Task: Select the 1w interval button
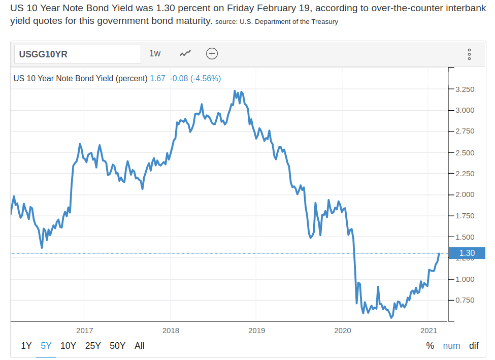click(x=155, y=53)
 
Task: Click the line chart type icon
click(x=185, y=53)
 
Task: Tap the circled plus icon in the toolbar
click(x=212, y=53)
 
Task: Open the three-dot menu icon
click(x=469, y=54)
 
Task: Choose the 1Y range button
click(x=26, y=346)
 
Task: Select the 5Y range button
click(x=46, y=346)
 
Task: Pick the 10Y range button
click(x=68, y=346)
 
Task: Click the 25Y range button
click(x=93, y=346)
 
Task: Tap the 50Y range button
click(x=117, y=346)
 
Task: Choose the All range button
click(x=140, y=346)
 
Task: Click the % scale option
click(x=430, y=346)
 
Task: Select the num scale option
click(x=451, y=346)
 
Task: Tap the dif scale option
click(x=474, y=346)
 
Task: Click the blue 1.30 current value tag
click(x=467, y=253)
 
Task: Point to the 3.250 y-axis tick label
click(x=465, y=89)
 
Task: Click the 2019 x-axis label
click(x=256, y=331)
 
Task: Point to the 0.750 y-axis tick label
click(x=465, y=300)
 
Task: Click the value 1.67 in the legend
click(x=157, y=79)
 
